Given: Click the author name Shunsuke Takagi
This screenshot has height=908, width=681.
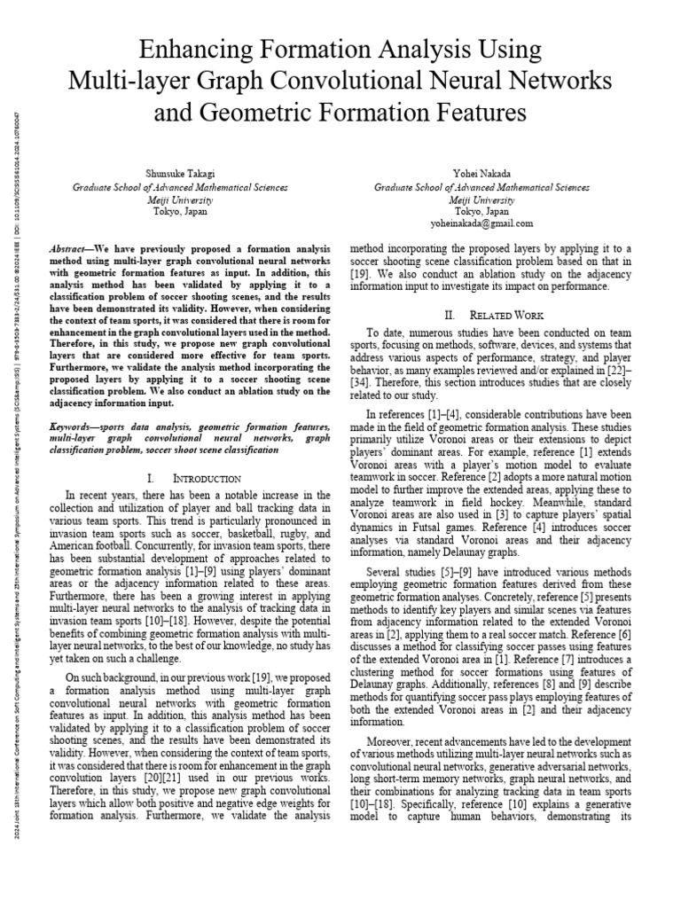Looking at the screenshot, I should pos(179,176).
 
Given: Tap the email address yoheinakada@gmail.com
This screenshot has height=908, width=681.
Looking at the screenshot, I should pos(481,223).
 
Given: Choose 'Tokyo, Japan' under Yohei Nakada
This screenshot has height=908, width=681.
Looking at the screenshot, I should pos(481,212).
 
